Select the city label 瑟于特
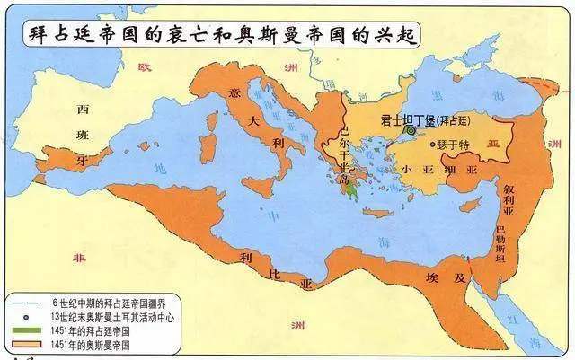pos(457,145)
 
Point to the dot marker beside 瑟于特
pos(434,144)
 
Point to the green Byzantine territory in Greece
pos(358,186)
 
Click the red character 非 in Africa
pos(77,255)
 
